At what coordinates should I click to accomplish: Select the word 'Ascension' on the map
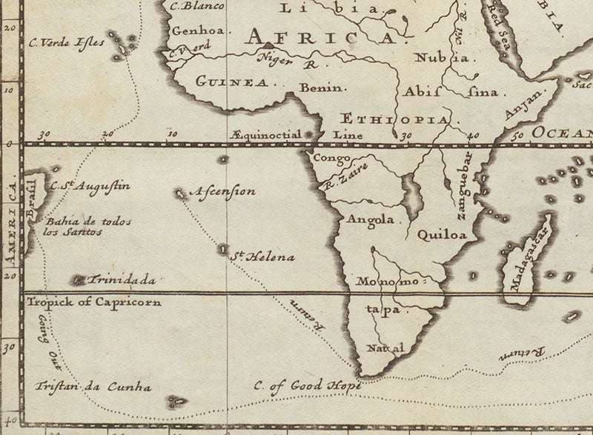[x=225, y=191]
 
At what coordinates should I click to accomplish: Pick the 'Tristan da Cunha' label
[x=93, y=387]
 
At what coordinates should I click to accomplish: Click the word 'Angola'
[x=368, y=220]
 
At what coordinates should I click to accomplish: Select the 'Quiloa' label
[x=442, y=236]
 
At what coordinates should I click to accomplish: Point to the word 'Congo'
[x=331, y=158]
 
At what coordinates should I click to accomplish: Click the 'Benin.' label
[x=322, y=87]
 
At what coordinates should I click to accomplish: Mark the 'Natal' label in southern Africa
[x=386, y=348]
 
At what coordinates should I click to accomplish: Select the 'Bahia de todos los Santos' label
[x=72, y=226]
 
